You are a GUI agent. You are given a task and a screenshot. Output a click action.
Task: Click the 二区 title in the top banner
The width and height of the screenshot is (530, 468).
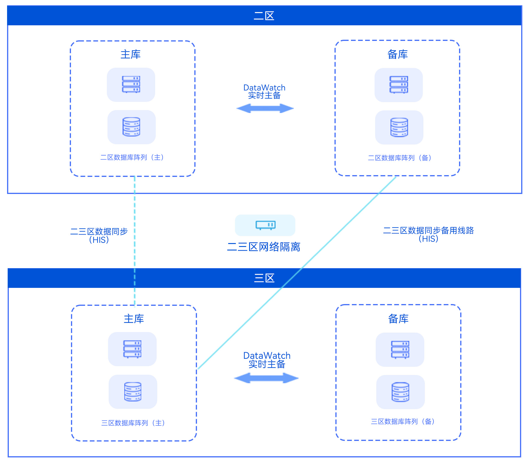[x=264, y=16]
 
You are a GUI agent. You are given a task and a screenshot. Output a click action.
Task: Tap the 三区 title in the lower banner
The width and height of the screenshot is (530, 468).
[x=264, y=278]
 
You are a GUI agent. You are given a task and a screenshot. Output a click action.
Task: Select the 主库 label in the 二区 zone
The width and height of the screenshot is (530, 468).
[x=131, y=54]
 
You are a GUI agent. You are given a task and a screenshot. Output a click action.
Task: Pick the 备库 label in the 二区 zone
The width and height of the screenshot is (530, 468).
[x=397, y=54]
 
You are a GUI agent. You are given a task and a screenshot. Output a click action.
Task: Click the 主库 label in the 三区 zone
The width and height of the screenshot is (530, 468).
[x=134, y=319]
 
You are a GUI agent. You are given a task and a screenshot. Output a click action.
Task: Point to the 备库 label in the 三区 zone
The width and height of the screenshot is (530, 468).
[x=398, y=319]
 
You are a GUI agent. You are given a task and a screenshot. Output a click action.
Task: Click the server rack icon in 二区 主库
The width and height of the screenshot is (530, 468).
[x=131, y=85]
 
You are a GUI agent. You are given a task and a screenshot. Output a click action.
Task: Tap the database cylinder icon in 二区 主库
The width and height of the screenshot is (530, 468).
[x=131, y=127]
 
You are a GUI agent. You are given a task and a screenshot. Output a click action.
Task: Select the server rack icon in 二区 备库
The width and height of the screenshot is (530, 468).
[x=399, y=85]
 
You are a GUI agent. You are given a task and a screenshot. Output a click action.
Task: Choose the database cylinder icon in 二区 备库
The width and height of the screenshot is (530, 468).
[x=399, y=127]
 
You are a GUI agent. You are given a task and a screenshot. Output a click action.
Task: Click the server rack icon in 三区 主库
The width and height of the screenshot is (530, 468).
[x=132, y=349]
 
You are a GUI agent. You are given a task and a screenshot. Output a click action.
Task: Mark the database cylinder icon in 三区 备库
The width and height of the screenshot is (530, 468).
[x=400, y=392]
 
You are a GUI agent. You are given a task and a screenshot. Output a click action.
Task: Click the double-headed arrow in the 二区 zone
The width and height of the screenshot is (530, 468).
[x=265, y=108]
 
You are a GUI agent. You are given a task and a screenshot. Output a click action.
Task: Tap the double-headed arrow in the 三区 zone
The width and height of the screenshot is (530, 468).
[x=266, y=378]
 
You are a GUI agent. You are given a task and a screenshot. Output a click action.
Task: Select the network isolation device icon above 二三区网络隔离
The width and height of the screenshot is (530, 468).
[x=265, y=225]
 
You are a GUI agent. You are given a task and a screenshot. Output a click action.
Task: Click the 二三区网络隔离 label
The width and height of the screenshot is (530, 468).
[x=264, y=247]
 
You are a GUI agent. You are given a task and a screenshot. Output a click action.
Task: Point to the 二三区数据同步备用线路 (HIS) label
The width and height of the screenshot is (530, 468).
[x=428, y=234]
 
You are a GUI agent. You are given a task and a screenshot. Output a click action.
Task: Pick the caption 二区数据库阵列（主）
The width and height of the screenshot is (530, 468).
[x=132, y=157]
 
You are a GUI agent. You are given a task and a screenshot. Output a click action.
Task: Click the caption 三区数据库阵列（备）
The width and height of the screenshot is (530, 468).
[x=403, y=421]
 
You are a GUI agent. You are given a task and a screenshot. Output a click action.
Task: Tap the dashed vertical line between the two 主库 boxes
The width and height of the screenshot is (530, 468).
[x=135, y=235]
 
